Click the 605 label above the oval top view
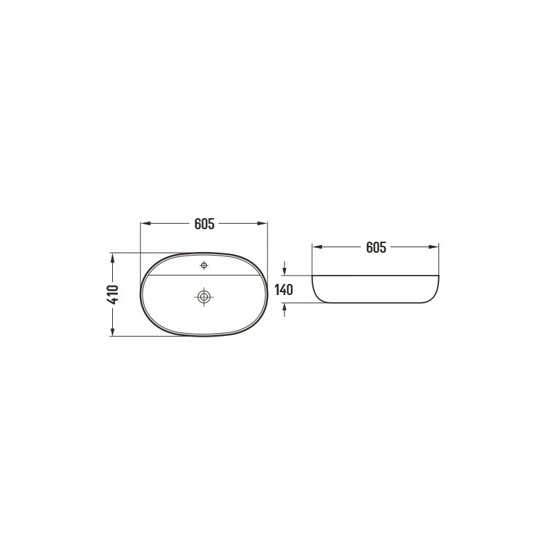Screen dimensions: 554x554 pyautogui.click(x=204, y=224)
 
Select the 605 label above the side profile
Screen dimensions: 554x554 pyautogui.click(x=375, y=247)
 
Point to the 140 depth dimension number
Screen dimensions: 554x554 pyautogui.click(x=285, y=289)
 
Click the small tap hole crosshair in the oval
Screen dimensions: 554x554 pyautogui.click(x=204, y=265)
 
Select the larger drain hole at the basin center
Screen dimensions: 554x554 pyautogui.click(x=204, y=296)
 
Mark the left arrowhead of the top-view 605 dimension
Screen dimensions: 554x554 pyautogui.click(x=145, y=224)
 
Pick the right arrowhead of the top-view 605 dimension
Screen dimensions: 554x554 pyautogui.click(x=263, y=224)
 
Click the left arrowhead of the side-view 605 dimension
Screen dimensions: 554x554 pyautogui.click(x=316, y=247)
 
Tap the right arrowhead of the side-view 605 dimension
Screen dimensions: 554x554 pyautogui.click(x=435, y=247)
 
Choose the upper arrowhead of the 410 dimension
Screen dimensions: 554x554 pyautogui.click(x=113, y=257)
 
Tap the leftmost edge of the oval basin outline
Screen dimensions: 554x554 pyautogui.click(x=141, y=294)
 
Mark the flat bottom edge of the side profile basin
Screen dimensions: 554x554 pyautogui.click(x=375, y=303)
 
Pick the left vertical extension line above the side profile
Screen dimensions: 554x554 pyautogui.click(x=312, y=260)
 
